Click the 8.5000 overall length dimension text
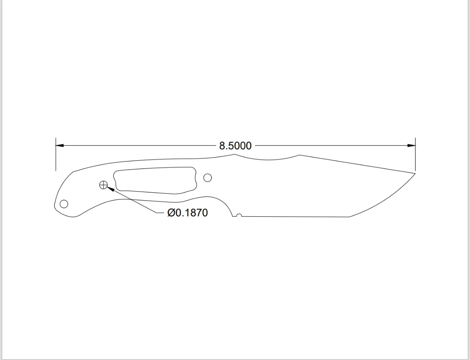[235, 146]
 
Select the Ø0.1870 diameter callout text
[188, 213]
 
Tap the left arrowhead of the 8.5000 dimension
[60, 145]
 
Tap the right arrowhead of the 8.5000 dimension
[411, 145]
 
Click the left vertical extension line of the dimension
[56, 157]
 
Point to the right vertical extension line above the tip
[415, 157]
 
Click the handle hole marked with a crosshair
[103, 185]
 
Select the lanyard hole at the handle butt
[64, 204]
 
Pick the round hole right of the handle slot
[208, 178]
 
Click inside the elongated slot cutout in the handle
[154, 180]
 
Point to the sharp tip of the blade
[415, 173]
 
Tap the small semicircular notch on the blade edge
[238, 215]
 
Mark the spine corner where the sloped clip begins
[299, 155]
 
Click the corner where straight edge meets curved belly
[349, 216]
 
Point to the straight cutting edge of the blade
[296, 216]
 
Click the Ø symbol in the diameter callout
[171, 213]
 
